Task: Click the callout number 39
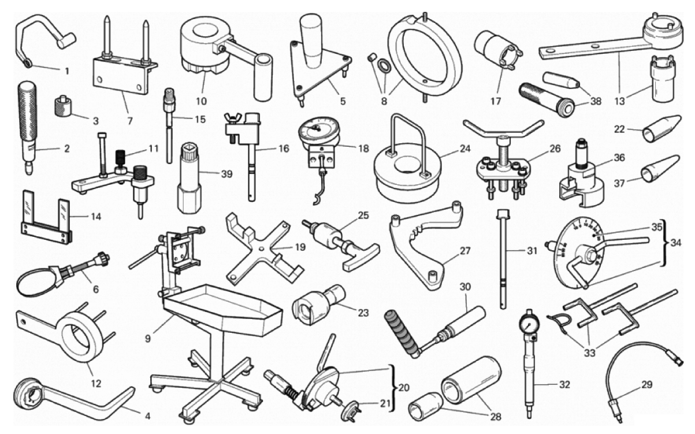point(227,174)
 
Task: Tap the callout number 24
point(464,149)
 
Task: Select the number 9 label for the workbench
point(148,339)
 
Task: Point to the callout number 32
point(564,385)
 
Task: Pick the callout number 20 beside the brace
point(404,388)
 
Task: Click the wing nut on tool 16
point(231,118)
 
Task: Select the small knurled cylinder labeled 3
point(63,106)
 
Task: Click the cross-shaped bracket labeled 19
point(263,248)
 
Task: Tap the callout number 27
point(464,251)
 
